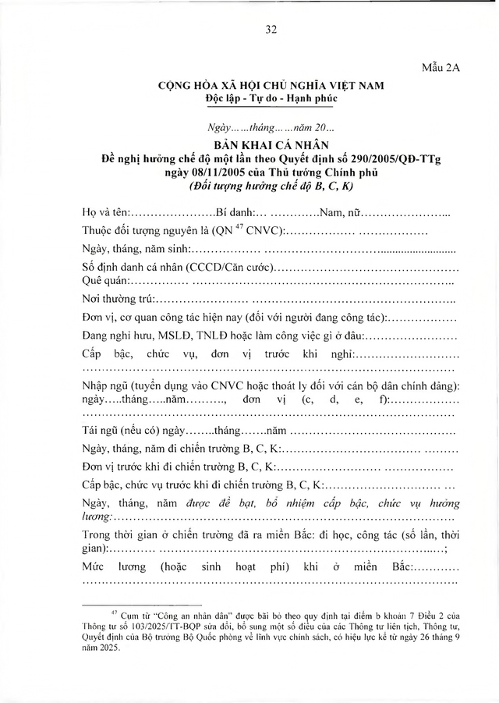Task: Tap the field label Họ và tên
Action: [105, 212]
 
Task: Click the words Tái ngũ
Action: [101, 430]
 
